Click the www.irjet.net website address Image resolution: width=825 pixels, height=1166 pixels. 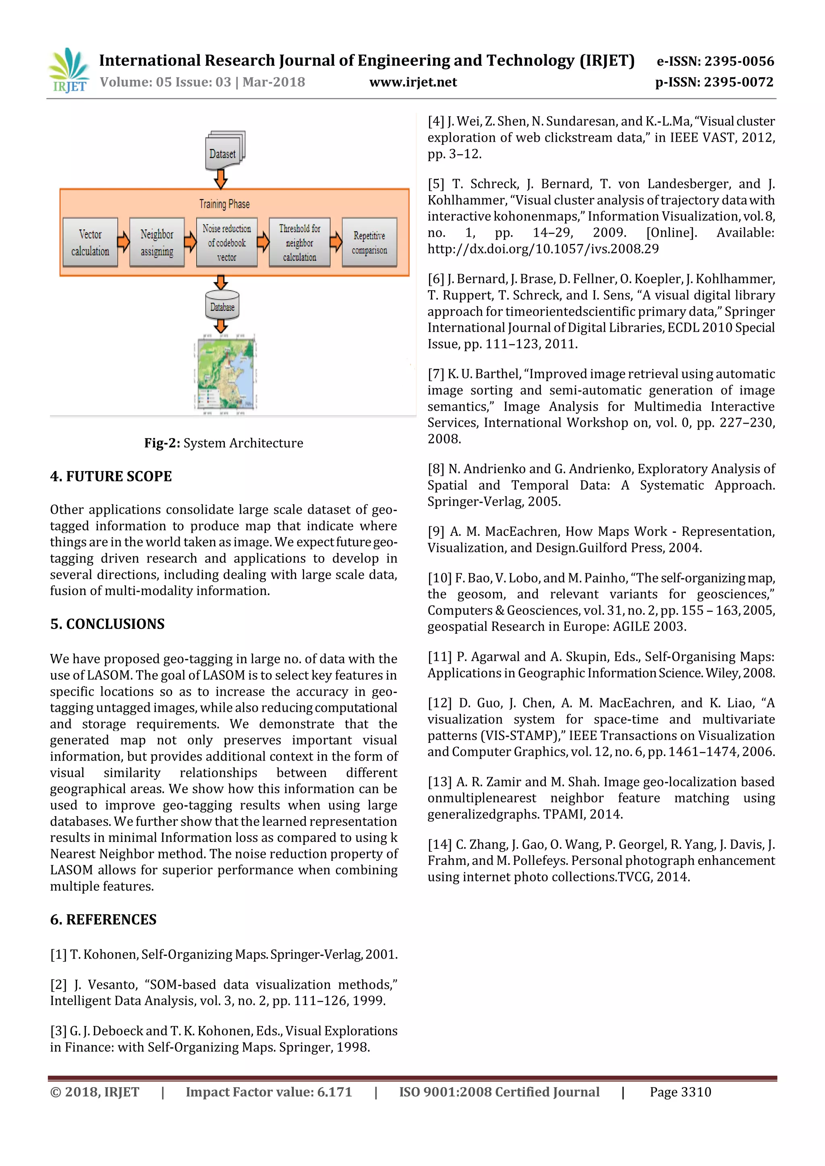[412, 82]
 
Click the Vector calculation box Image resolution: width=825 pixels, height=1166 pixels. [90, 243]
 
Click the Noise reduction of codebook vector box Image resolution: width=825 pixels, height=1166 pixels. [226, 243]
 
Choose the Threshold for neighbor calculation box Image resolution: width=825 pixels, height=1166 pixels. [299, 243]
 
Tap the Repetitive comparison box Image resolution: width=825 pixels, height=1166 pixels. [369, 243]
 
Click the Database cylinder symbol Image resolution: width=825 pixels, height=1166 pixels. [222, 305]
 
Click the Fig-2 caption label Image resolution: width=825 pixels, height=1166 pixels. [162, 443]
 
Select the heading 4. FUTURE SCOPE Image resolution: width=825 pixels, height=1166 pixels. [111, 476]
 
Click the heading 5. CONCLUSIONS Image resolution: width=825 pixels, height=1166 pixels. [107, 624]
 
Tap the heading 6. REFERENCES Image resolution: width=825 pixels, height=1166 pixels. [103, 920]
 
